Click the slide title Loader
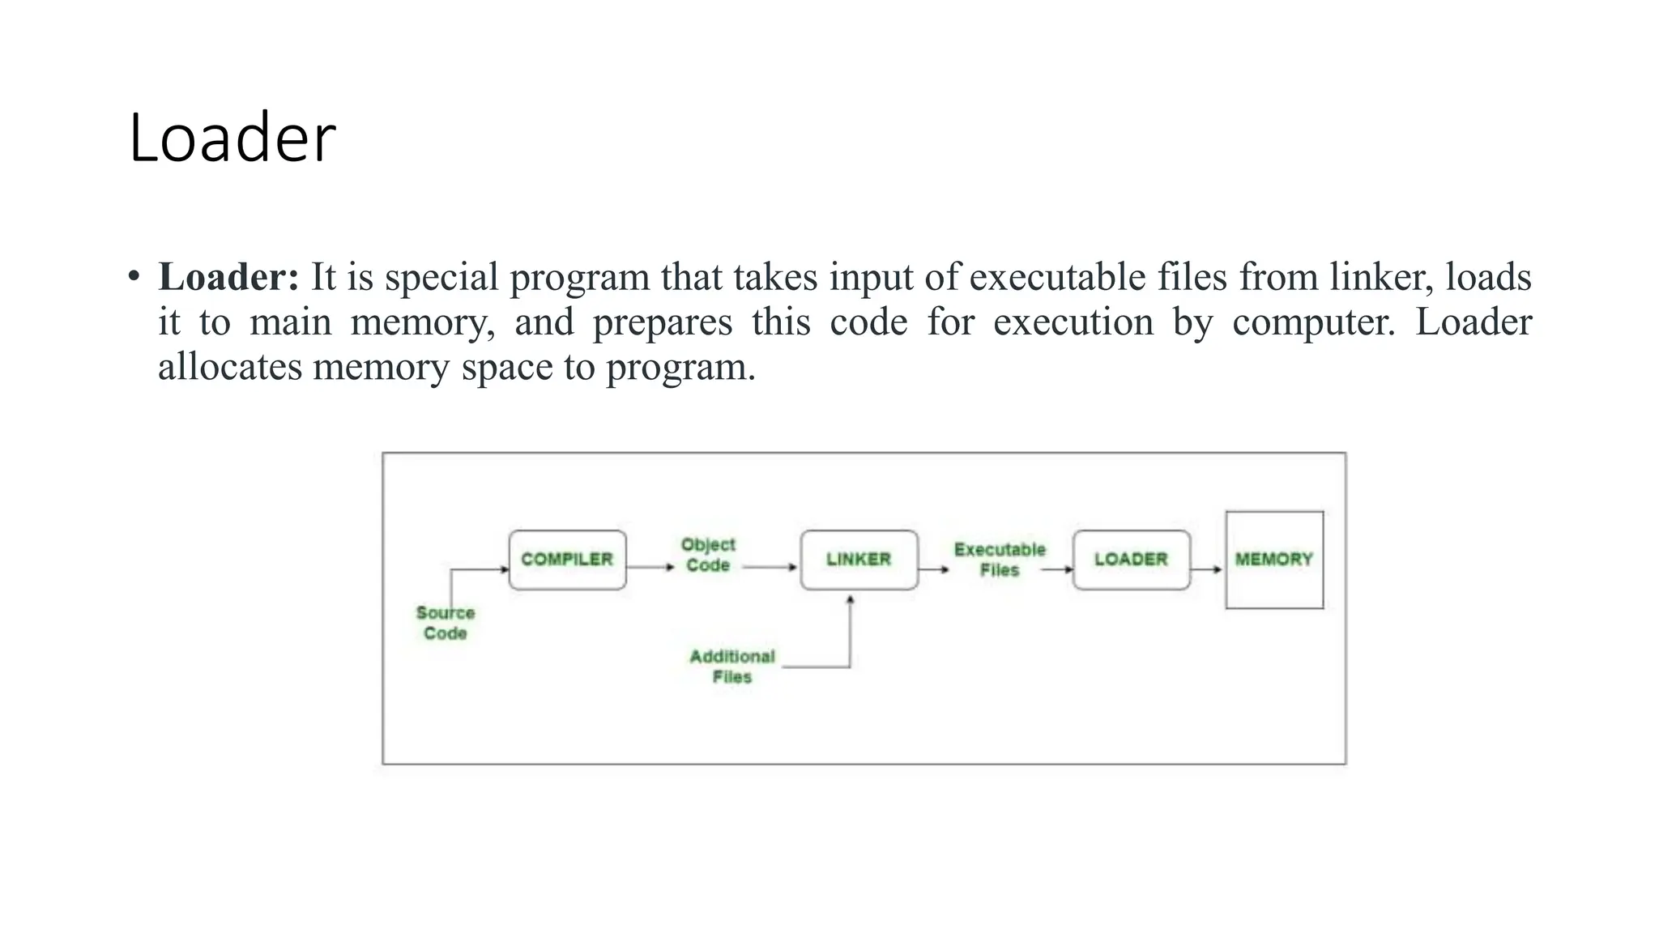tap(232, 138)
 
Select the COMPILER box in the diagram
tap(567, 560)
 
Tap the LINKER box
tap(859, 560)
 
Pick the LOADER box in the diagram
tap(1131, 560)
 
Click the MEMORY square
tap(1274, 560)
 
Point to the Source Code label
tap(446, 623)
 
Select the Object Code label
tap(708, 555)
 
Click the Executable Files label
tap(1000, 560)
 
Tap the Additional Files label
tap(732, 667)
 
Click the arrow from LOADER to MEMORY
tap(1207, 569)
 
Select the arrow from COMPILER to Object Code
tap(650, 567)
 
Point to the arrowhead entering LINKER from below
tap(850, 600)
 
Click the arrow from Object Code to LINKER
tap(770, 567)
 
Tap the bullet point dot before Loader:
tap(134, 276)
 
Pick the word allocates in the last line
tap(230, 367)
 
